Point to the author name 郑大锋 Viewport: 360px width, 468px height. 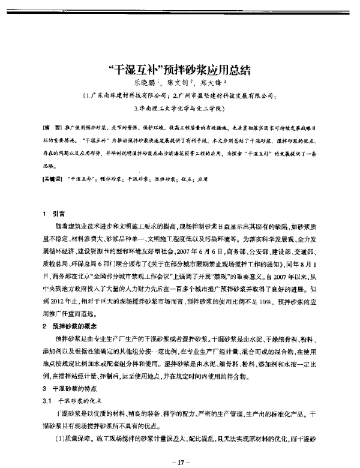(213, 82)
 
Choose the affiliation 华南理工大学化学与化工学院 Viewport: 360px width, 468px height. (179, 109)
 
